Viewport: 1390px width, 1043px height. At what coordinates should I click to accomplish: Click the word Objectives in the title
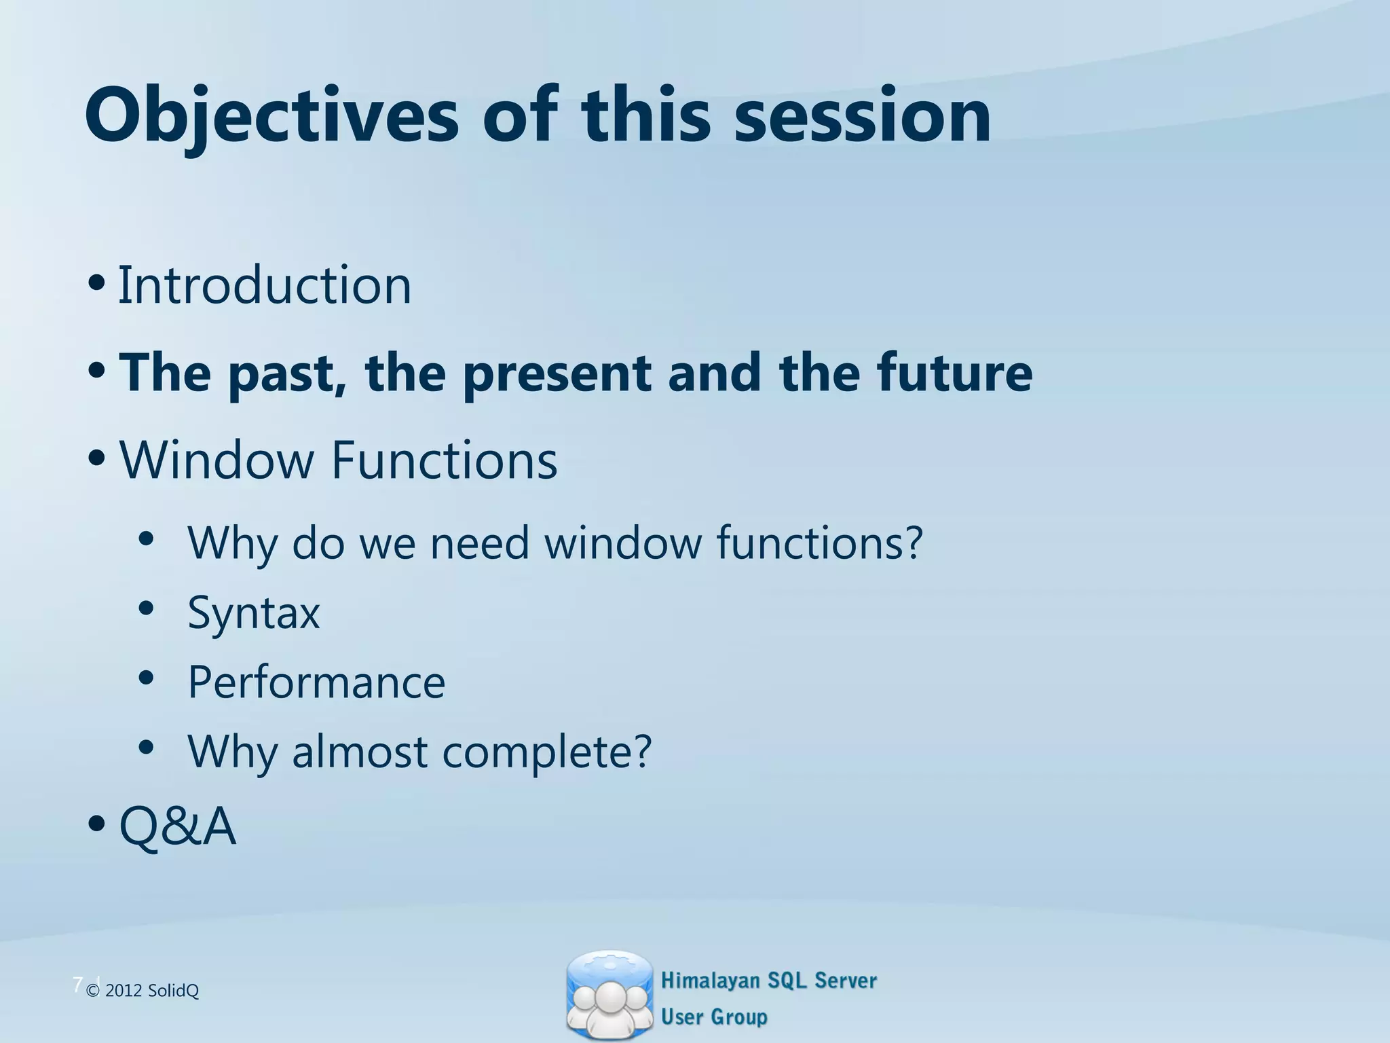tap(271, 115)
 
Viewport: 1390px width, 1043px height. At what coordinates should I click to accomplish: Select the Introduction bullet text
tap(265, 285)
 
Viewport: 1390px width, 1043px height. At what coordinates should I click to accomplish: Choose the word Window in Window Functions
tap(216, 460)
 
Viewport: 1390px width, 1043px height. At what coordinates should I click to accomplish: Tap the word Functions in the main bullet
tap(444, 460)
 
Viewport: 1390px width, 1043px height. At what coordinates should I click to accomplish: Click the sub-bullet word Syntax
tap(253, 613)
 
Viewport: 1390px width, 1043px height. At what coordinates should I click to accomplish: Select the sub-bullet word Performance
tap(316, 682)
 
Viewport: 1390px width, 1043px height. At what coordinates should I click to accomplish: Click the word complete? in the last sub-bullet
tap(547, 752)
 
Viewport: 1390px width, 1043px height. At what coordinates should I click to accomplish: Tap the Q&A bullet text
tap(178, 826)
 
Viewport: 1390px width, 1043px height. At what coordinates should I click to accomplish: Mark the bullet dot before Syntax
tap(146, 608)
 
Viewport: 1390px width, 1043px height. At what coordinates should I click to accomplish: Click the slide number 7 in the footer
tap(77, 984)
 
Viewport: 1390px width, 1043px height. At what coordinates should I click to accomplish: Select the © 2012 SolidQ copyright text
tap(143, 991)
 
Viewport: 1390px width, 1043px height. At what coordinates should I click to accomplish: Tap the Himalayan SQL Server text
tap(768, 981)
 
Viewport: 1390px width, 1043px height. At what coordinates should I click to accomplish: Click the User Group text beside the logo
tap(714, 1017)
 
